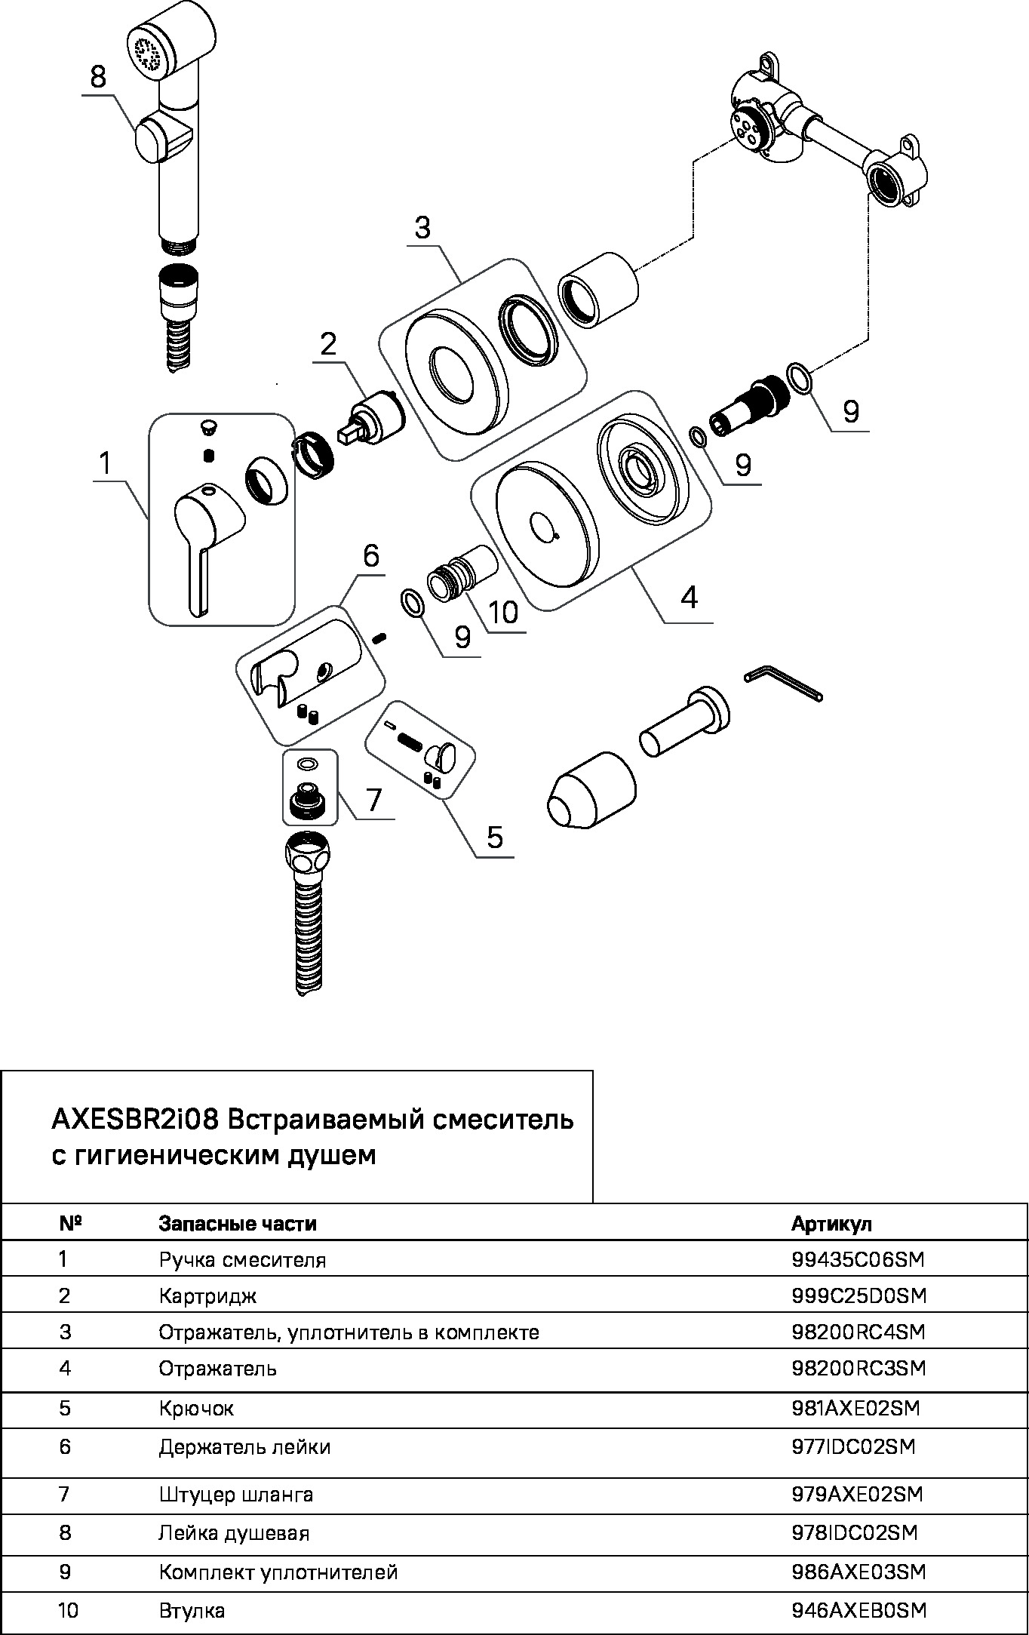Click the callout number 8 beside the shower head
(x=98, y=78)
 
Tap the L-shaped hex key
(x=782, y=682)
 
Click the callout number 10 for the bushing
(x=503, y=611)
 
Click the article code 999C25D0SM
(x=859, y=1295)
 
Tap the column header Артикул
(x=831, y=1223)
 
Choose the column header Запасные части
(x=238, y=1223)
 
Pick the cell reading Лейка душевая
(x=234, y=1532)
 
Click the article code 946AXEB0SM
(x=859, y=1611)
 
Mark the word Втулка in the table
(x=192, y=1611)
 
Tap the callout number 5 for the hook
(x=494, y=837)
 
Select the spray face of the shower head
(x=148, y=52)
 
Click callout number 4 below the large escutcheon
(x=689, y=598)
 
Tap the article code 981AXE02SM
(x=855, y=1408)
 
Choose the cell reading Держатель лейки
(x=244, y=1447)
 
